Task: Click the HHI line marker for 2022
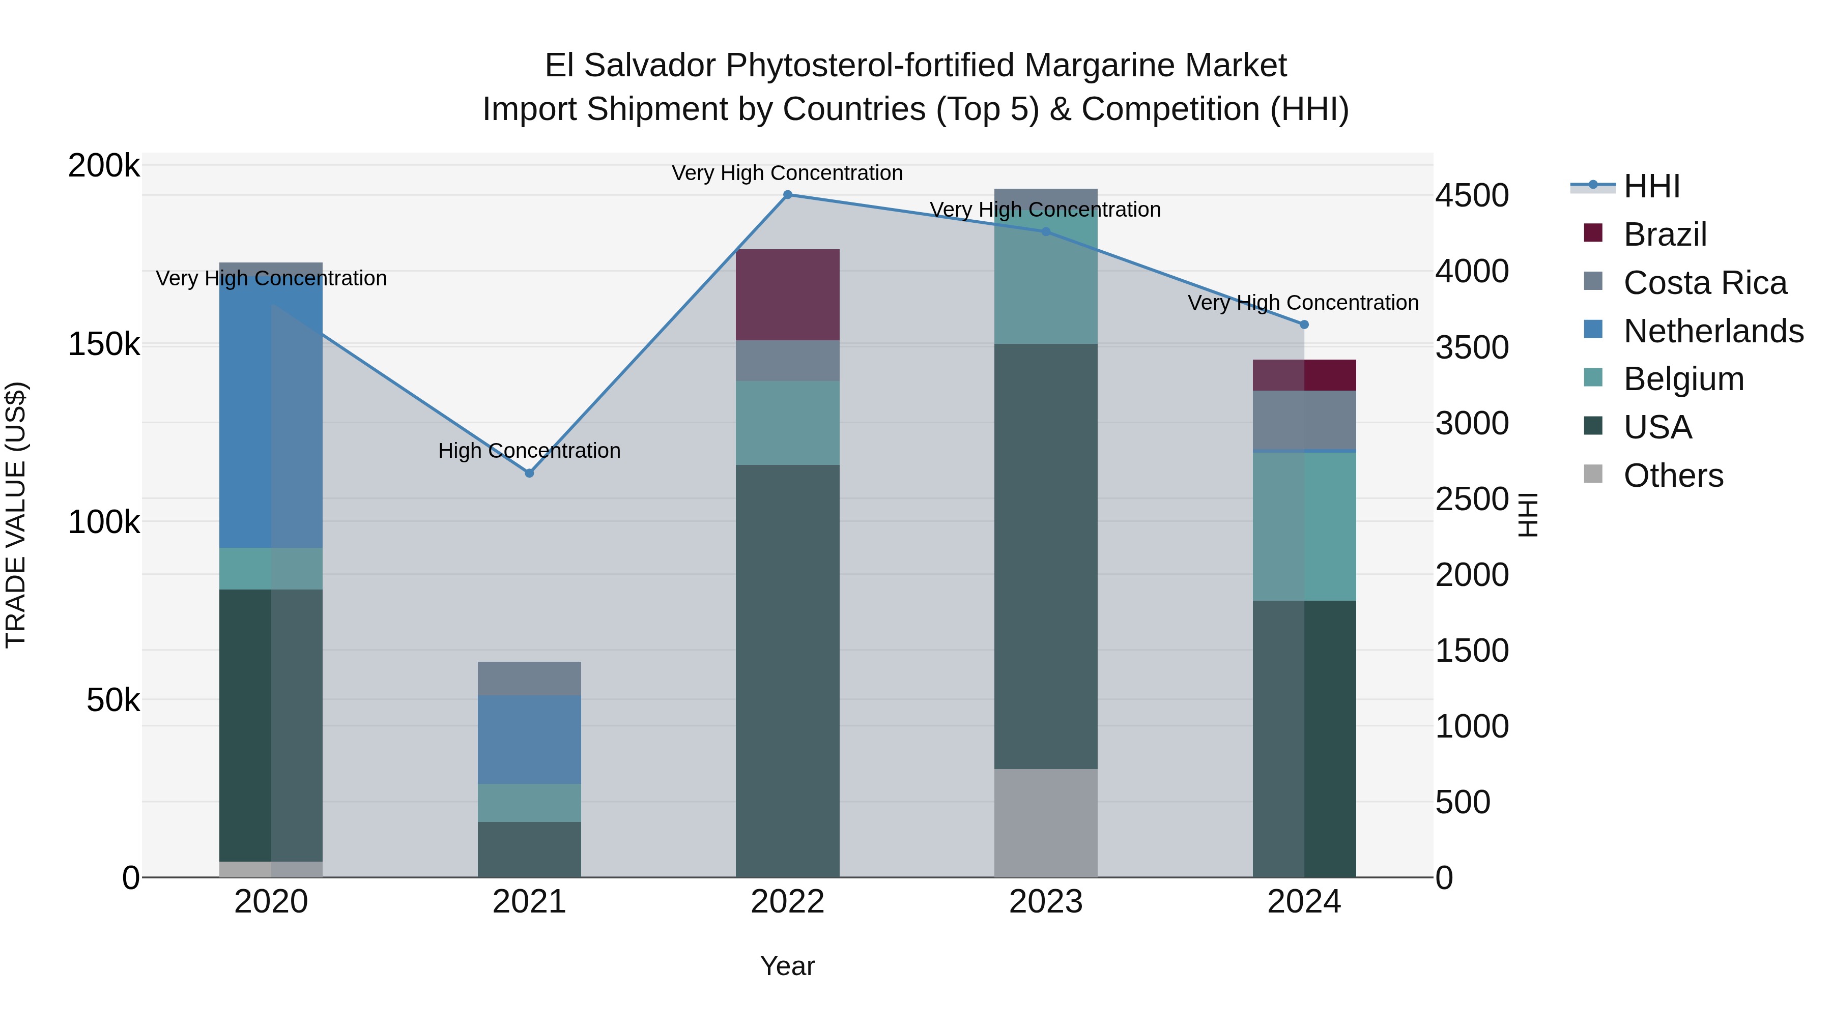point(787,195)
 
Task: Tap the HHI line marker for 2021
point(529,473)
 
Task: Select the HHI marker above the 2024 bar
point(1304,325)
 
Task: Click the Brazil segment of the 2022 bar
point(787,295)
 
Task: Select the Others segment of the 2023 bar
point(1045,822)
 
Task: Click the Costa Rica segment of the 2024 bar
point(1304,420)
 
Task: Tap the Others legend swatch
point(1593,474)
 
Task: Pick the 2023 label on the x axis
point(1045,902)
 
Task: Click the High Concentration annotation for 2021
point(529,451)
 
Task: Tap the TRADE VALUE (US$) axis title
point(16,515)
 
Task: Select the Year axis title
point(787,966)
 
